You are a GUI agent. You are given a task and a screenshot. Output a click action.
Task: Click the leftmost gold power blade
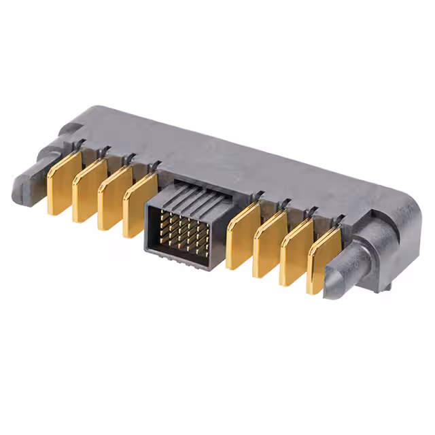[63, 184]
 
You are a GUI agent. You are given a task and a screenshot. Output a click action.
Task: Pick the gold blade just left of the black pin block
[139, 206]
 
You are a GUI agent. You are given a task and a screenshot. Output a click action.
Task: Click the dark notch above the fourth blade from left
[156, 165]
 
